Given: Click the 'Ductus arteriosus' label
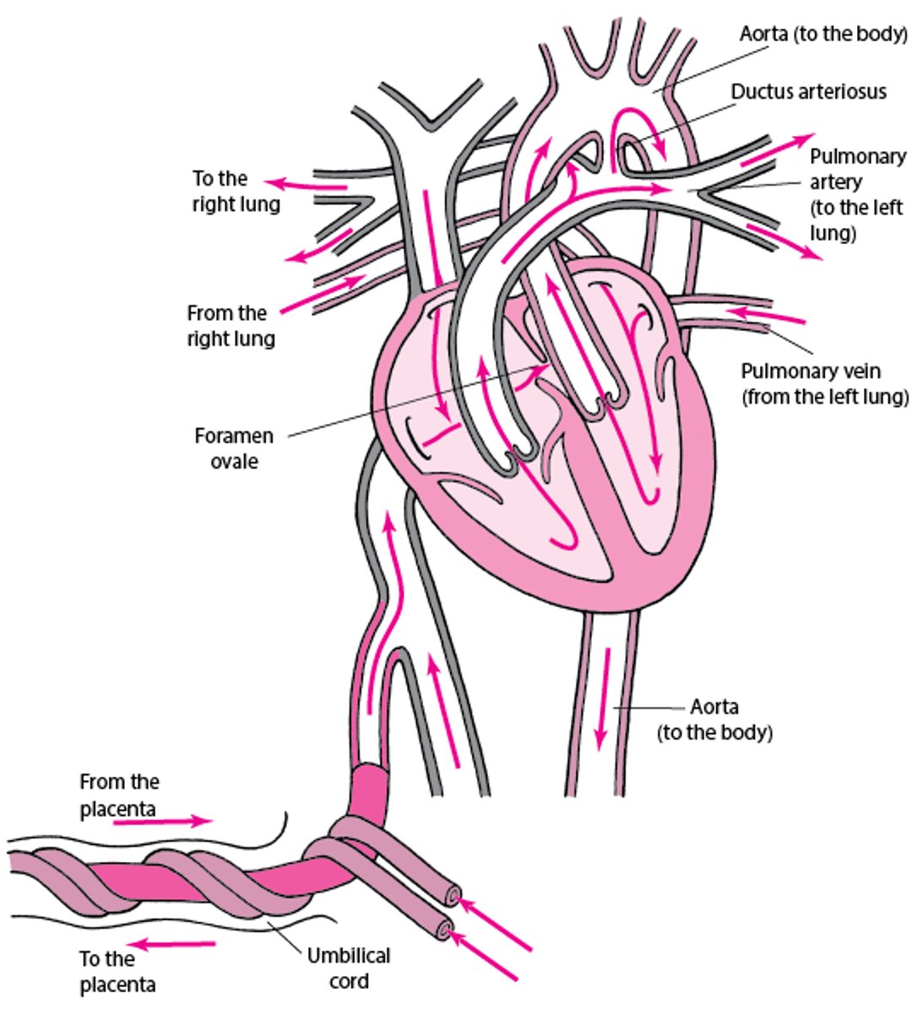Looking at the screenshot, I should click(x=808, y=91).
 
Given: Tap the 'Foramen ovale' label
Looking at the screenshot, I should click(x=234, y=448).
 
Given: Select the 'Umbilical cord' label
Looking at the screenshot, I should click(x=349, y=968).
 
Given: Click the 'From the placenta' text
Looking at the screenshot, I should click(x=119, y=795).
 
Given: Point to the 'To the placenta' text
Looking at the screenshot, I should click(x=117, y=971).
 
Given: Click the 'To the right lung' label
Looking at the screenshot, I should click(x=236, y=191).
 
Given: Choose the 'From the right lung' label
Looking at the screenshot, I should click(x=231, y=326).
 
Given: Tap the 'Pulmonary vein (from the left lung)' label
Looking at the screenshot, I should click(x=824, y=383).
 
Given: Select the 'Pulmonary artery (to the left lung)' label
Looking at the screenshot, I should click(x=855, y=194).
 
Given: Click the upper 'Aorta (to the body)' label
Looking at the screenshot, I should click(x=822, y=35).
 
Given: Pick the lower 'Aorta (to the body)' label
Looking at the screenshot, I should click(x=714, y=718).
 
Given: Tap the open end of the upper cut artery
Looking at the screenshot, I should click(x=454, y=897).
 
